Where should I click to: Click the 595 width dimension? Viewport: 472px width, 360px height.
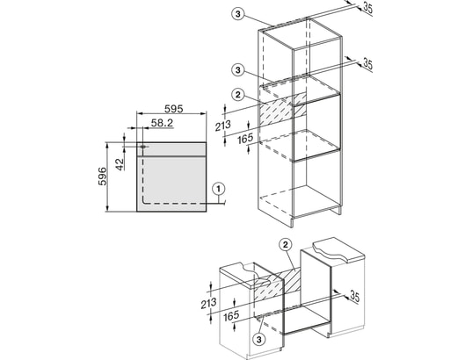(174, 109)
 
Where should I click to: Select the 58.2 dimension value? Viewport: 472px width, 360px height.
(162, 122)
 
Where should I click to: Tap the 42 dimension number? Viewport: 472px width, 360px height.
(120, 164)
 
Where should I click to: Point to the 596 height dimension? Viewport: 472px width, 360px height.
(103, 176)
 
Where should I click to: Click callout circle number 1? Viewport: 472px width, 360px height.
(219, 189)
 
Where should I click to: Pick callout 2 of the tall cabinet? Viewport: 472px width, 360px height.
(238, 95)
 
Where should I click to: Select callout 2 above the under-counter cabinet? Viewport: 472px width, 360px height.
(286, 245)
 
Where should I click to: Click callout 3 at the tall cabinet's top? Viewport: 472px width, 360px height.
(238, 14)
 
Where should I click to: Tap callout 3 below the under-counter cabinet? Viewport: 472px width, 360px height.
(259, 340)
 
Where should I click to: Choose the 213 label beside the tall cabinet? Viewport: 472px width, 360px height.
(223, 126)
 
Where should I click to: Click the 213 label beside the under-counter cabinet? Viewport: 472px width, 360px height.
(208, 303)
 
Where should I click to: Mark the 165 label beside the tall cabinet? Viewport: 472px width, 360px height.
(245, 139)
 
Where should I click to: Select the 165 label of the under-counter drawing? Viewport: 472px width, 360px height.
(231, 316)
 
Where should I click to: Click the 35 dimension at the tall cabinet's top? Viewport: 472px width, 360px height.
(368, 8)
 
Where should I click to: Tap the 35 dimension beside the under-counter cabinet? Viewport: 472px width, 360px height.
(355, 297)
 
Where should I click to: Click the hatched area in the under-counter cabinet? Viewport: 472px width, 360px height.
(277, 285)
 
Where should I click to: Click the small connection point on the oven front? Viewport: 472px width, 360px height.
(143, 147)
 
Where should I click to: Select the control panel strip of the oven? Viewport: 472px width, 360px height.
(171, 149)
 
